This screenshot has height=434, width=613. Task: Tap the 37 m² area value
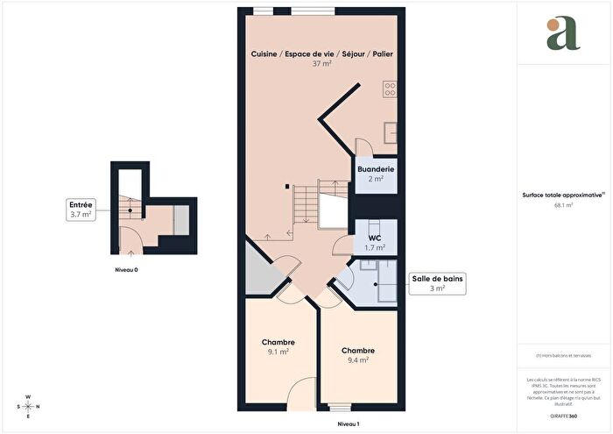(321, 64)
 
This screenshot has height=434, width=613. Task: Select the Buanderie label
(376, 168)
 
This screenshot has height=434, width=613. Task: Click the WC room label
(375, 238)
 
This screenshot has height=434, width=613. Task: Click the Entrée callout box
(81, 209)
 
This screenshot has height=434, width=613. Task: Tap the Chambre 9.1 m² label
(278, 347)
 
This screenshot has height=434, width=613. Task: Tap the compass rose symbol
(28, 406)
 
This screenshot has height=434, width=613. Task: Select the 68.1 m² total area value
(563, 205)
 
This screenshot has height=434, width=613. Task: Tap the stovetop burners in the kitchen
(389, 89)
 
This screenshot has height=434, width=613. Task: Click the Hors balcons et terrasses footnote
(563, 356)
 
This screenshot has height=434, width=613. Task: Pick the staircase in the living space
(306, 205)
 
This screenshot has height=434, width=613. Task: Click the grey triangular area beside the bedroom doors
(260, 271)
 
